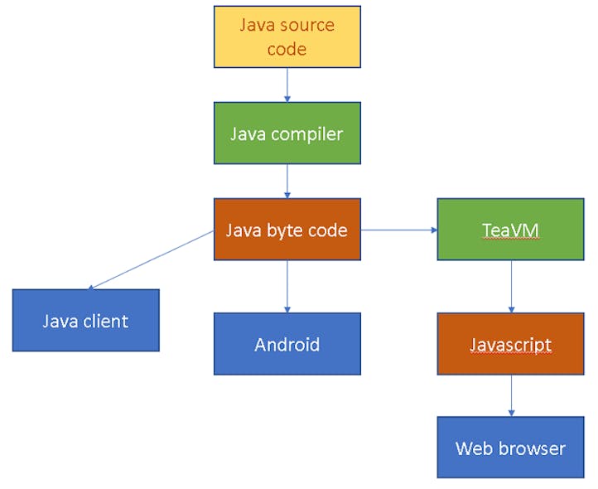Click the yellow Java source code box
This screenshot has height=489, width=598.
(x=287, y=36)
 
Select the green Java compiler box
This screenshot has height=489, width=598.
(x=287, y=133)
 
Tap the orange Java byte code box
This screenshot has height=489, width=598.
(x=287, y=229)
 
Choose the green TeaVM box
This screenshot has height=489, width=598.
(x=510, y=229)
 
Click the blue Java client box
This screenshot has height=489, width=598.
(x=85, y=320)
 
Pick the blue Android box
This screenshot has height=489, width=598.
(x=287, y=344)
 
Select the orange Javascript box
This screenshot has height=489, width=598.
(x=510, y=344)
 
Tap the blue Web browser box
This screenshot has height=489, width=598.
(x=510, y=448)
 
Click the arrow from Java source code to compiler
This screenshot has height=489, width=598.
(x=287, y=85)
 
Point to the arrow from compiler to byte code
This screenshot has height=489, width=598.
(x=287, y=181)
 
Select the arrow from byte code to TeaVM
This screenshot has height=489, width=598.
(x=398, y=230)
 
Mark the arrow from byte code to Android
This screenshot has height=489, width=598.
(x=287, y=286)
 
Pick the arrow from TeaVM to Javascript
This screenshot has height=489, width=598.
(x=510, y=286)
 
